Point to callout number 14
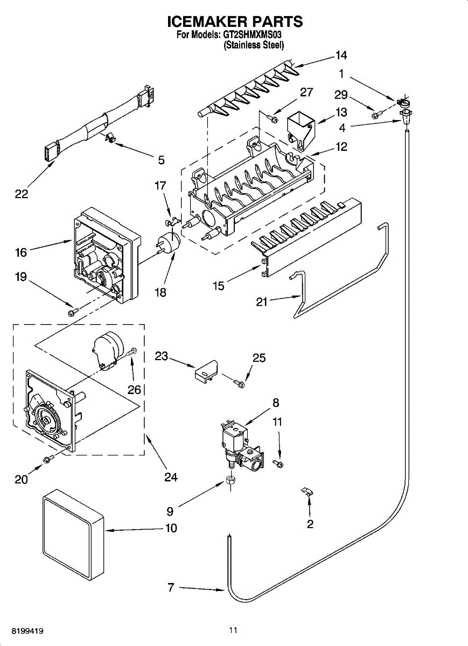341,55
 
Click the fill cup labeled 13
301,132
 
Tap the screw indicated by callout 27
271,118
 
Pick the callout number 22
22,194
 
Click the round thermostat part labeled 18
168,243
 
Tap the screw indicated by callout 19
73,312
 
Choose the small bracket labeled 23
205,371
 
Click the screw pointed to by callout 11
278,464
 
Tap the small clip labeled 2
307,490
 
